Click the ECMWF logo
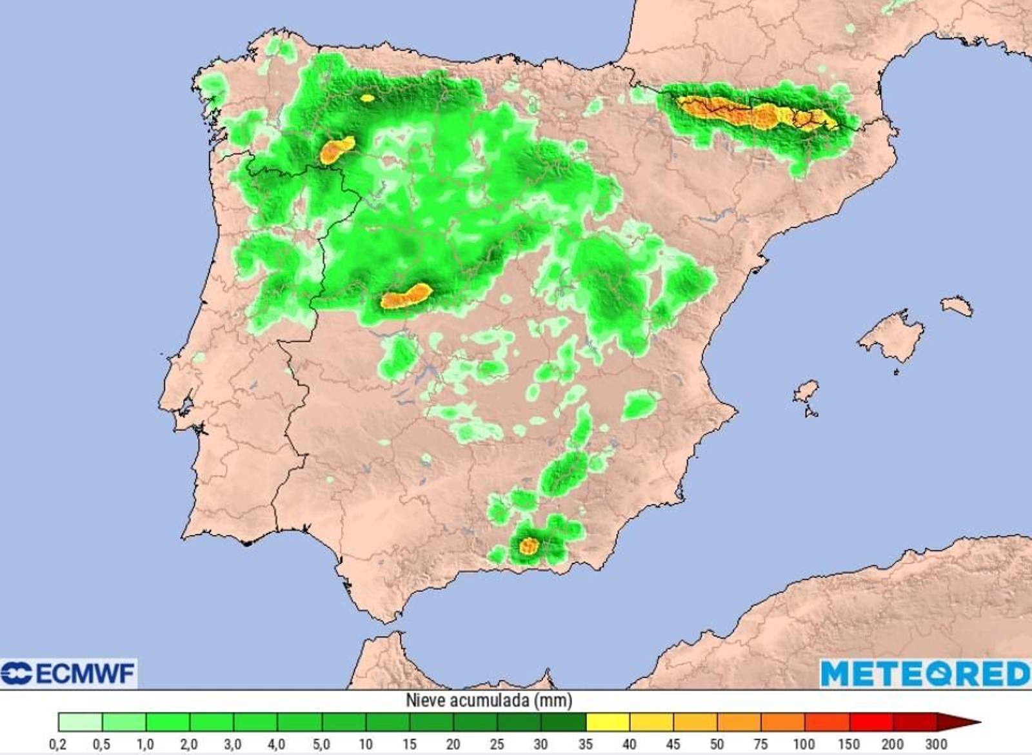[68, 674]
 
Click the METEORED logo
[926, 674]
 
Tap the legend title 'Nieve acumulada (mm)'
[488, 700]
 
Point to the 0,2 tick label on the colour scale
[58, 745]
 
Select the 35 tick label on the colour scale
[586, 745]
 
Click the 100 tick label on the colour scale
[804, 745]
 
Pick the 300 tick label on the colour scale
[936, 745]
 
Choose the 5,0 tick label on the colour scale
[321, 745]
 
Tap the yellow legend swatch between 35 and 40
[608, 722]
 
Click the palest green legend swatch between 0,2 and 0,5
[80, 722]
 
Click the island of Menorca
[957, 306]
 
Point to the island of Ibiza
[806, 391]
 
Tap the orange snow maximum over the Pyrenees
[755, 113]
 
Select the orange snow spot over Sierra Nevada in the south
[529, 546]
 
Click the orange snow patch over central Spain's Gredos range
[406, 297]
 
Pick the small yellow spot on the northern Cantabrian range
[368, 98]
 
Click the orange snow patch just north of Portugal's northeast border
[336, 150]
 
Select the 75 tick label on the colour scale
[760, 745]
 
